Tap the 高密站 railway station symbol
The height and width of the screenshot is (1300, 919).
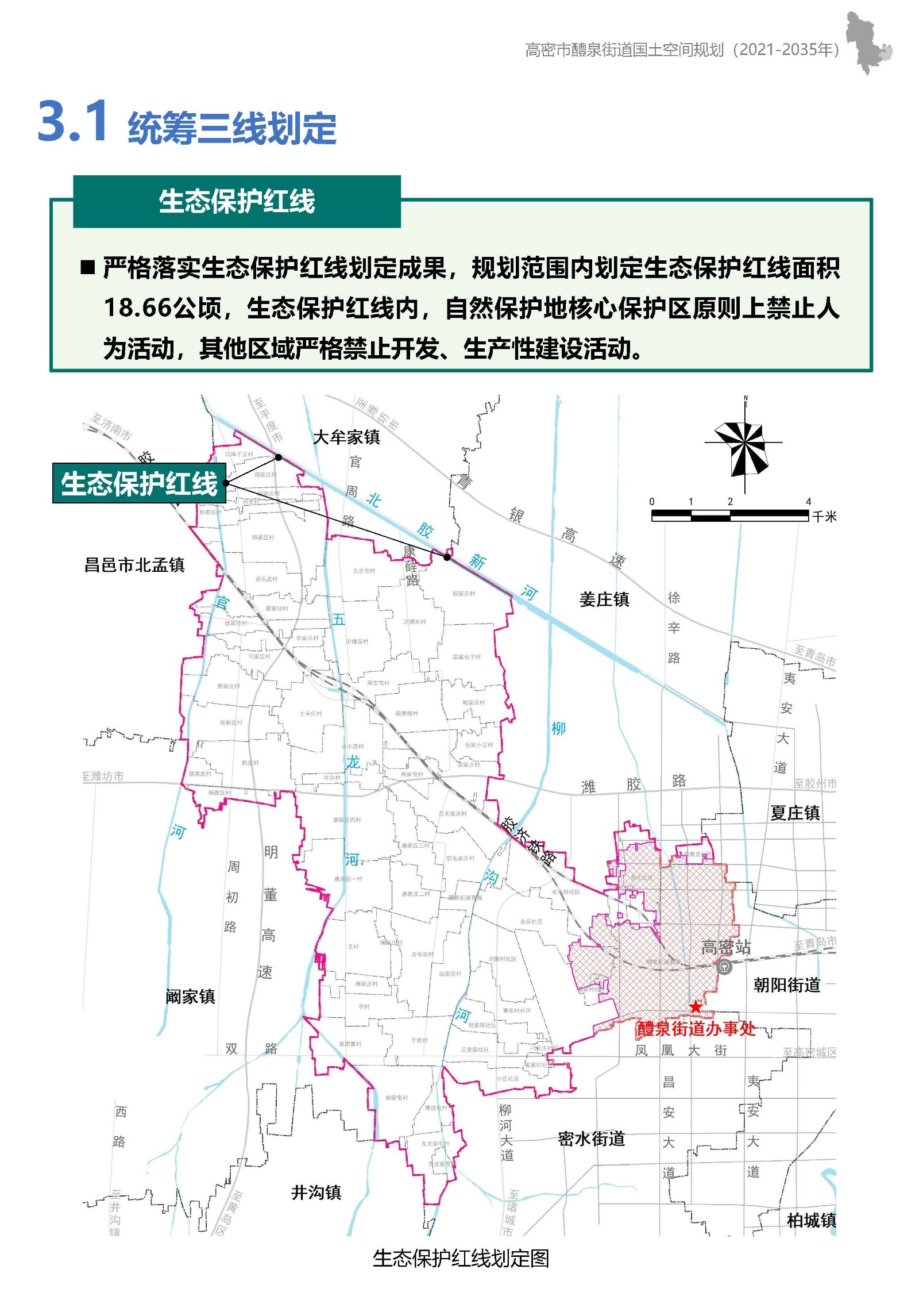click(725, 967)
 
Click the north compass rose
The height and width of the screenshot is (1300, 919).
click(744, 448)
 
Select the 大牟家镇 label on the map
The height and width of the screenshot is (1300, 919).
click(346, 437)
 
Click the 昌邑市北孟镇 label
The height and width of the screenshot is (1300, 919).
click(134, 565)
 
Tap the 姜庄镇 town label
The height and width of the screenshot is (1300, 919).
click(604, 599)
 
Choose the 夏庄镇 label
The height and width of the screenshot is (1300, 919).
click(795, 813)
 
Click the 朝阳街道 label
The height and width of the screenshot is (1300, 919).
click(787, 985)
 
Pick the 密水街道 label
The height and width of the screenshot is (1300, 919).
click(591, 1139)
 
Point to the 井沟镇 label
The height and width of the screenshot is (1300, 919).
click(316, 1193)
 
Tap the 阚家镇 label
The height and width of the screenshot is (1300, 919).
click(190, 996)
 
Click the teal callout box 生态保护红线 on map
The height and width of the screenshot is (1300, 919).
click(139, 483)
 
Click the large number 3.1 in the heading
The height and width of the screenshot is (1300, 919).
click(73, 121)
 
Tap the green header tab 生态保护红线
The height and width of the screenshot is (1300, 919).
click(237, 202)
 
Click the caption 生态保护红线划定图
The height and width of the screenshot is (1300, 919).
click(461, 1258)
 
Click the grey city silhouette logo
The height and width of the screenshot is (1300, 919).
click(868, 43)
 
